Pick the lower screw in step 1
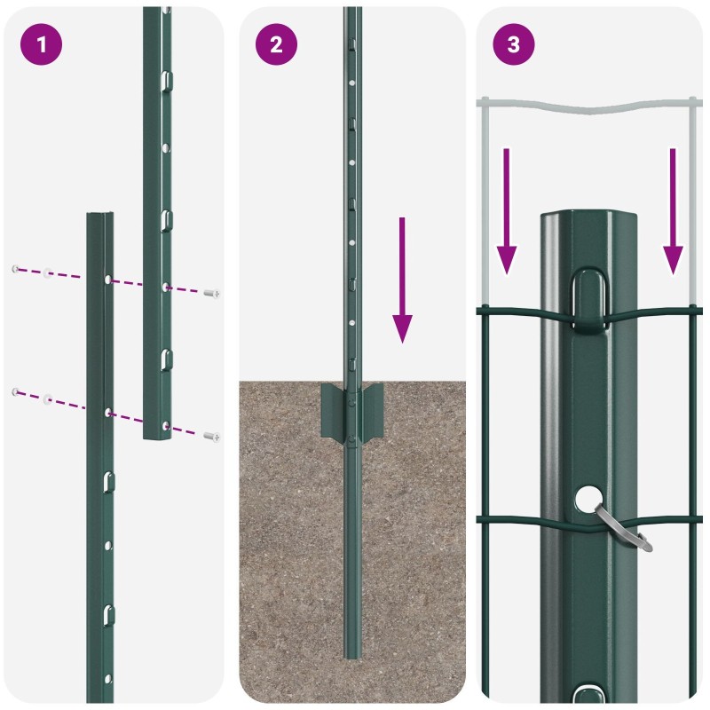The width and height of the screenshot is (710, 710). click(x=211, y=436)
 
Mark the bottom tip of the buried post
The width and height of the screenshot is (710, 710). click(x=352, y=655)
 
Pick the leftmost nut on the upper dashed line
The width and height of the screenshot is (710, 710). click(x=14, y=268)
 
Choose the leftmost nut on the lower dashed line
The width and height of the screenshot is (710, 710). click(x=14, y=391)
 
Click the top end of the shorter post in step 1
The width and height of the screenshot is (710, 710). click(x=99, y=216)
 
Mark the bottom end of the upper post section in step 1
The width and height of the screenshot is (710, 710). click(x=158, y=436)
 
